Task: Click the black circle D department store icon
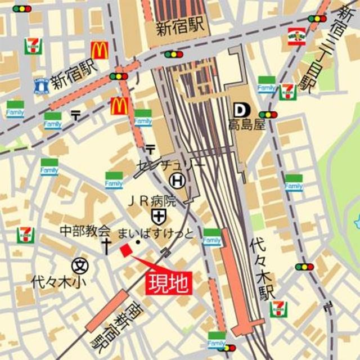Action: [x=238, y=109]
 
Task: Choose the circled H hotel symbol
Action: [x=178, y=181]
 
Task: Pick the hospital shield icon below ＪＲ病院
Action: [x=158, y=215]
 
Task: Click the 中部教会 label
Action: [x=85, y=231]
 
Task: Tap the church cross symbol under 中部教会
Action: [x=105, y=245]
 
